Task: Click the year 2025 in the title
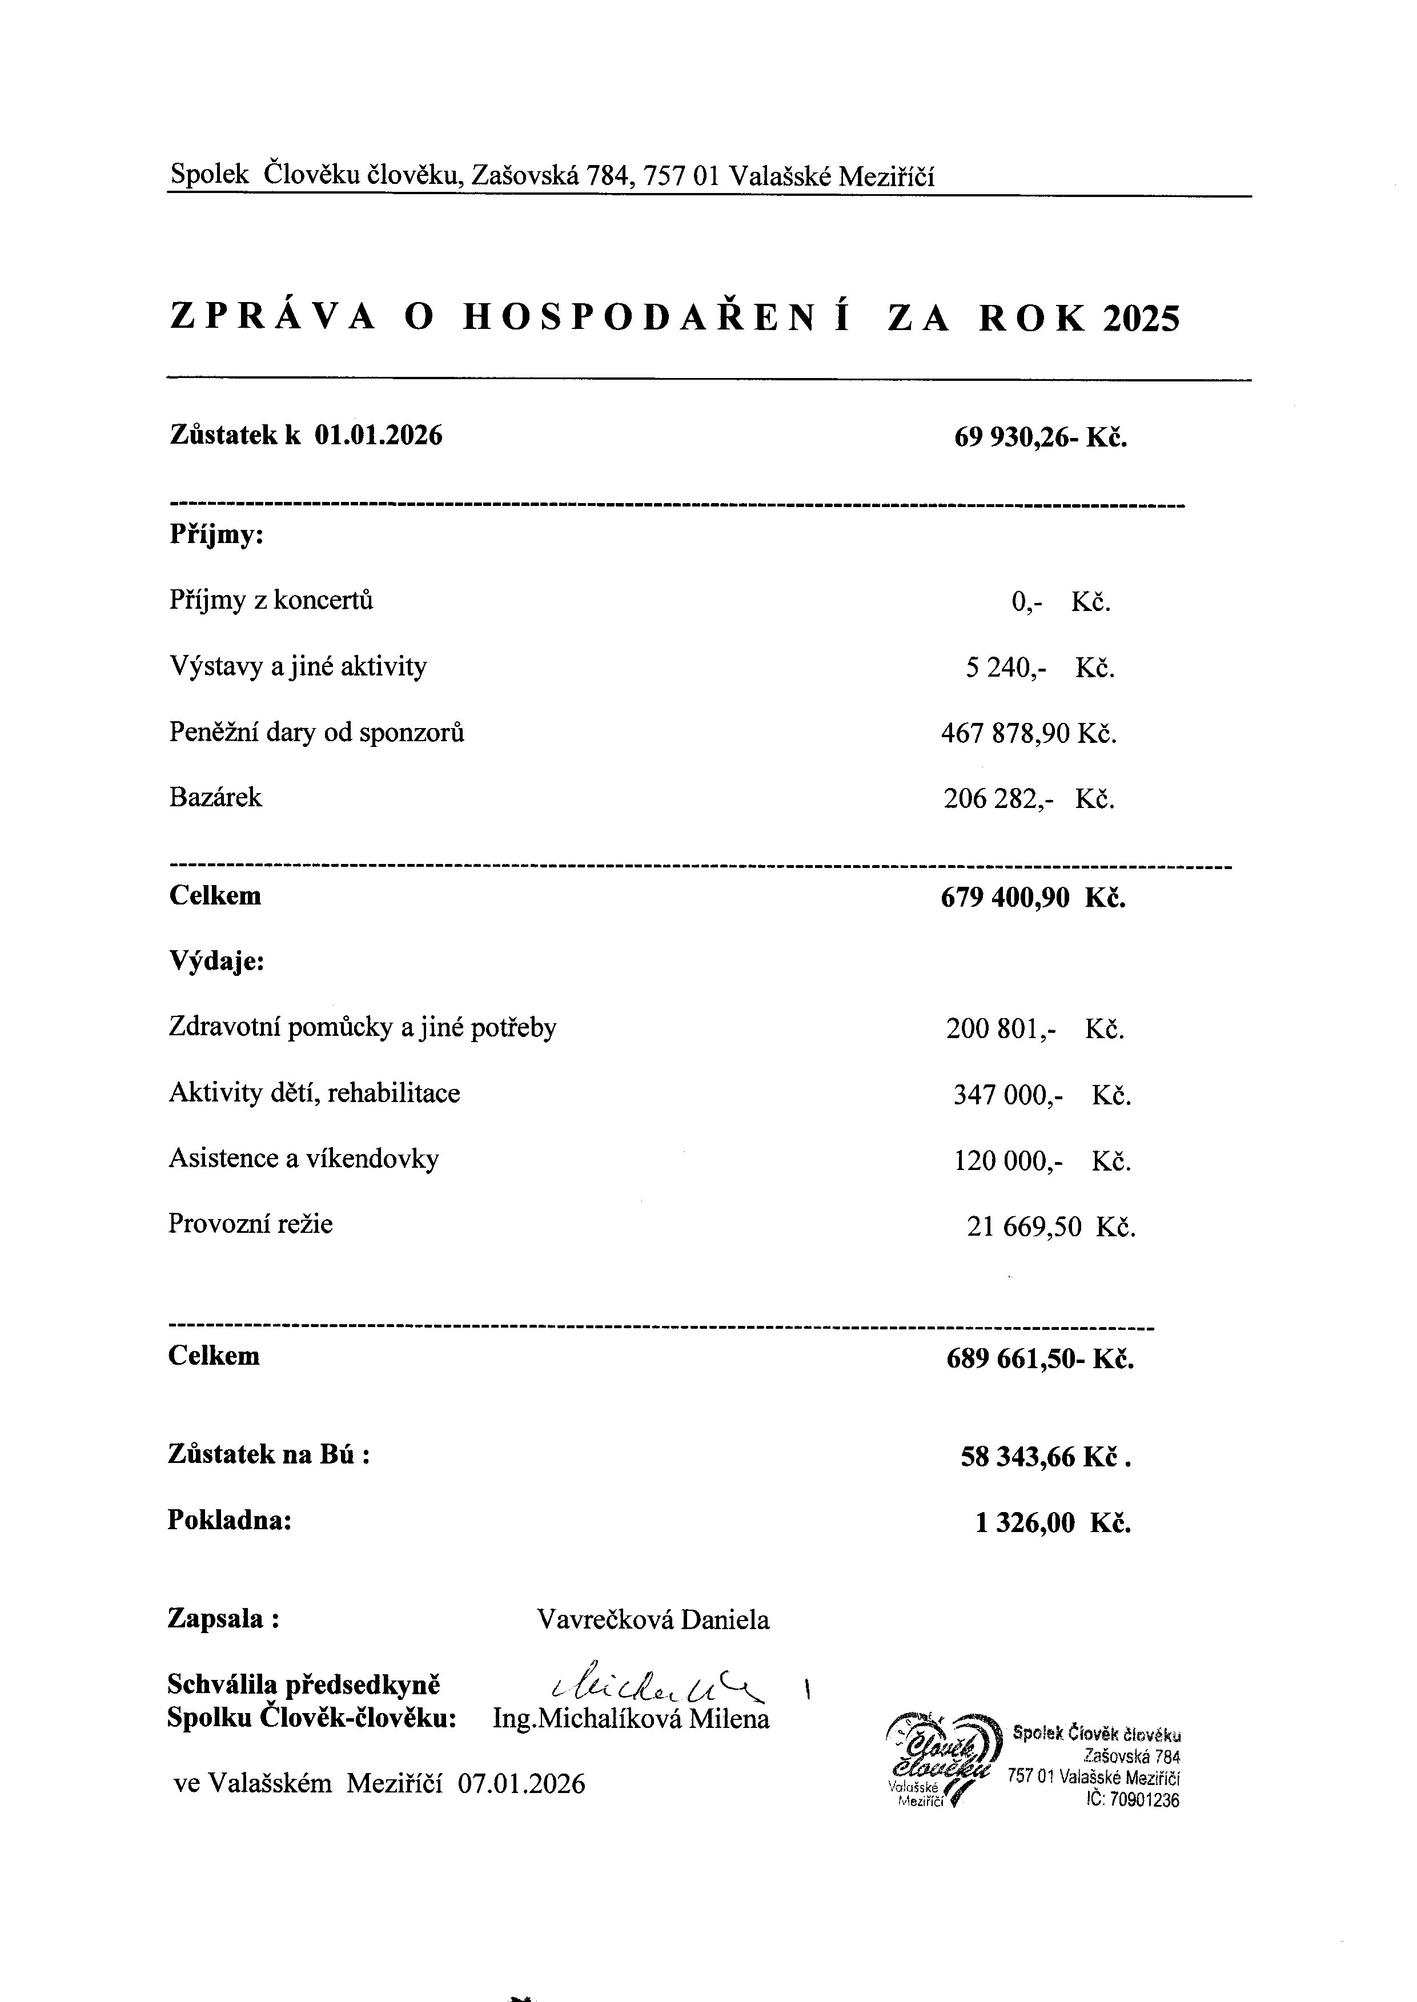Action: pos(1141,319)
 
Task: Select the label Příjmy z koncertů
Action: pos(271,600)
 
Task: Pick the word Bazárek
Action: pos(215,797)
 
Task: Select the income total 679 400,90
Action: pos(1004,898)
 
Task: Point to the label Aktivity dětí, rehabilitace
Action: pos(314,1093)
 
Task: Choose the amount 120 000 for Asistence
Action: pos(1007,1161)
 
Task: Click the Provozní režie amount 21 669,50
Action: pos(1023,1227)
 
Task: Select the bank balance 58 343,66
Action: pos(1017,1457)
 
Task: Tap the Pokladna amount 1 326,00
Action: pos(1025,1523)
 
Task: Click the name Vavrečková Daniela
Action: pos(653,1620)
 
